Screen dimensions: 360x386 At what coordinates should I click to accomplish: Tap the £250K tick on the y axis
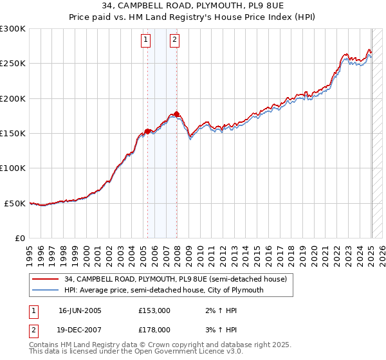13,64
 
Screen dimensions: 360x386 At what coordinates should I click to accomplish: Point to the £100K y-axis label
13,168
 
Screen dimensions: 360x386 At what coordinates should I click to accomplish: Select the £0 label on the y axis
19,238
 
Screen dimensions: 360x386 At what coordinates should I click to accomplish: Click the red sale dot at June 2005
148,131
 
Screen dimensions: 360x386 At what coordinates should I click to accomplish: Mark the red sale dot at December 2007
177,114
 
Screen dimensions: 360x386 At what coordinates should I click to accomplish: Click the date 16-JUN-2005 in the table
80,310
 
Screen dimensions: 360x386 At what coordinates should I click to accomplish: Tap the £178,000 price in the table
154,329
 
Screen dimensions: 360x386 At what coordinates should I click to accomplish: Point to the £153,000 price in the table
154,310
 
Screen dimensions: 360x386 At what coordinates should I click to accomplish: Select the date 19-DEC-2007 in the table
80,329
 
